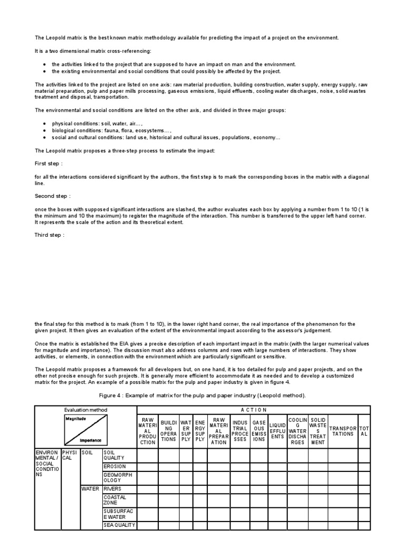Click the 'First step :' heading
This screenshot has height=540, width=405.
(49, 163)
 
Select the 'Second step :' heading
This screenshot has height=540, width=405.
(52, 196)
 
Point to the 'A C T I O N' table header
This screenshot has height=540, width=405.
(254, 410)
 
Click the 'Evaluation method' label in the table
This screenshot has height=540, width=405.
(85, 410)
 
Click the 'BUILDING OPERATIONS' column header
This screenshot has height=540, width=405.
(169, 431)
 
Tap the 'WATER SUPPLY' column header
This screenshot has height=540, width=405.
(186, 431)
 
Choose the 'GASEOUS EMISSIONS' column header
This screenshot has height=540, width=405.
(259, 431)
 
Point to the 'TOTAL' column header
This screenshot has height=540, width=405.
(364, 431)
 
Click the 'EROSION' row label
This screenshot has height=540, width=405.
(114, 467)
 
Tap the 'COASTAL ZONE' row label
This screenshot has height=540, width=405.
(115, 500)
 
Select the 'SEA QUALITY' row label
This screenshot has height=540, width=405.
(119, 525)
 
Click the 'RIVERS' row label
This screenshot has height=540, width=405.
(112, 489)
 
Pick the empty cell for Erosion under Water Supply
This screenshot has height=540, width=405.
(186, 467)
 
